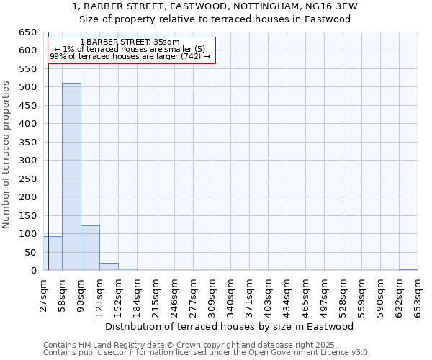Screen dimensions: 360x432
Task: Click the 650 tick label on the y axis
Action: (27, 32)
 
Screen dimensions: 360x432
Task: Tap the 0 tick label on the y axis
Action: (34, 271)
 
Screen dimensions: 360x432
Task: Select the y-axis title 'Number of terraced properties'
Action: (7, 154)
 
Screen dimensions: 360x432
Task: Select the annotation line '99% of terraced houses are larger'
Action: (130, 56)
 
